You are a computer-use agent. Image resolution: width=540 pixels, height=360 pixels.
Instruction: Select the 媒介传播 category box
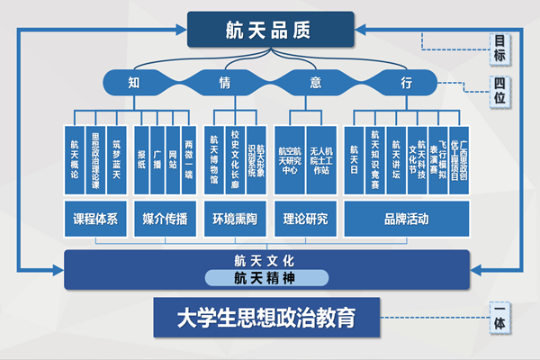[166, 219]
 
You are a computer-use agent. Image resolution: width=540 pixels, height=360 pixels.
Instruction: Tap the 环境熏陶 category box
[235, 219]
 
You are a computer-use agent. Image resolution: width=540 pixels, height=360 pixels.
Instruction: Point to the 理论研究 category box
[306, 219]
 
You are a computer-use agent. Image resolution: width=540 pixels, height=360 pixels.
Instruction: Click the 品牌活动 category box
[406, 219]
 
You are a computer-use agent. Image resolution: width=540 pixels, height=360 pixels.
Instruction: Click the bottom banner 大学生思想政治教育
[266, 318]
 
